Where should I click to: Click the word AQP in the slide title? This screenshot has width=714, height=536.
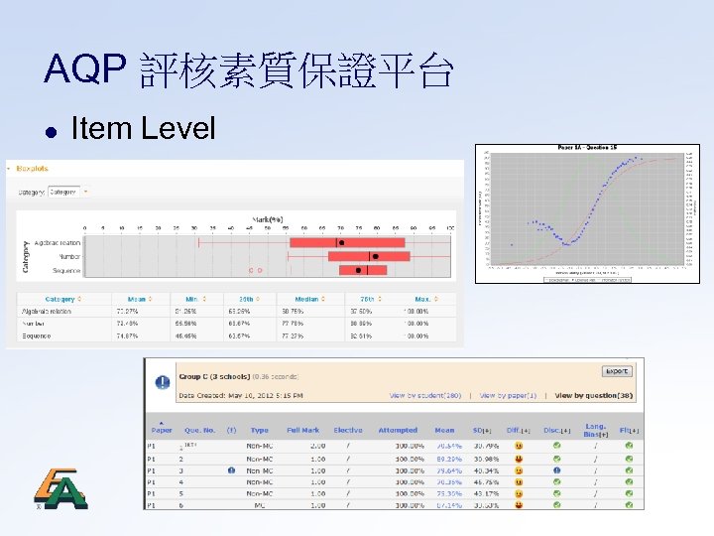[x=85, y=70]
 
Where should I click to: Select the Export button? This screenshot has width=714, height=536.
[x=616, y=371]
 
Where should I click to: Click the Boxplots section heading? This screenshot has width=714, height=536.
[x=31, y=169]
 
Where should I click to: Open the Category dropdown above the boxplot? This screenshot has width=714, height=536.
[x=67, y=192]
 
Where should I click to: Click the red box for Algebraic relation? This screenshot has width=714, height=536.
[x=347, y=242]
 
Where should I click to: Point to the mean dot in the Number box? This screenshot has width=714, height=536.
[x=375, y=256]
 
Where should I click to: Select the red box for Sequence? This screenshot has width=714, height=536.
[x=363, y=269]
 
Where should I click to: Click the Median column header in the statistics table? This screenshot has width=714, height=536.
[x=305, y=298]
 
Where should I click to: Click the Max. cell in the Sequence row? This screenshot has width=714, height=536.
[x=416, y=335]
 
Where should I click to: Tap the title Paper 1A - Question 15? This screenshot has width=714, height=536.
[x=585, y=147]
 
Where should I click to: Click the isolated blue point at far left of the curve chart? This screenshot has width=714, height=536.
[x=513, y=244]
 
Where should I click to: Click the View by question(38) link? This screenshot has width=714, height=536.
[x=593, y=396]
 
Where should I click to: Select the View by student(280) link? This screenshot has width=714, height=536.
[x=425, y=396]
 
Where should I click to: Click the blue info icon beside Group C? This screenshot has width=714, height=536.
[x=162, y=383]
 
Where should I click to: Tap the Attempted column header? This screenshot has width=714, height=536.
[x=398, y=431]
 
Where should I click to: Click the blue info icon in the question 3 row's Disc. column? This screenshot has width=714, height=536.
[x=556, y=470]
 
